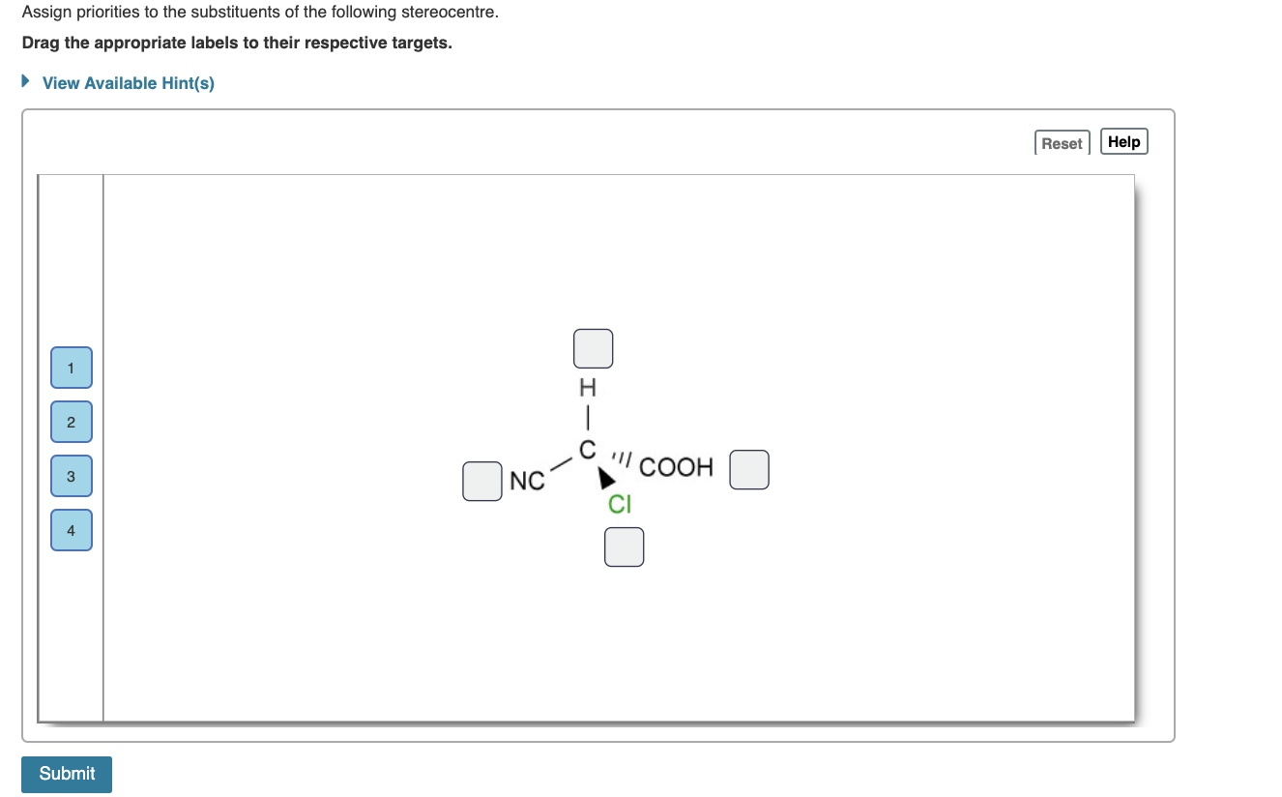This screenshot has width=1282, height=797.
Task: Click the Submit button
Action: point(67,774)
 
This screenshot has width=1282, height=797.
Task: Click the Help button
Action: point(1123,142)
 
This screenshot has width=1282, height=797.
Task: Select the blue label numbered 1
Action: point(72,368)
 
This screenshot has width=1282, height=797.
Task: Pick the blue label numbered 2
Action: point(72,422)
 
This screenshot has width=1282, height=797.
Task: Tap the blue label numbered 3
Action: point(72,476)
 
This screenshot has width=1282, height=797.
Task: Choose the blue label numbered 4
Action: point(72,530)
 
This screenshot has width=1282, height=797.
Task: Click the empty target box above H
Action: point(593,348)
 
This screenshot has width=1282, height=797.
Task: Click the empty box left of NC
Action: point(481,482)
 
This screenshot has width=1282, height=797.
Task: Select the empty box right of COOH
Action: point(749,469)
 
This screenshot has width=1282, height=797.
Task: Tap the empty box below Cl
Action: point(624,546)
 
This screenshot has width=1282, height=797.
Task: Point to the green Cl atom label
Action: point(620,504)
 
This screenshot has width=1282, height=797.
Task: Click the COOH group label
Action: point(676,468)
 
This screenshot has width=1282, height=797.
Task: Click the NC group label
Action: point(527,481)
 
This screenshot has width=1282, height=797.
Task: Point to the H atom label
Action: point(587,389)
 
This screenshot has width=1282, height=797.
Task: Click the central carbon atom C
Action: point(587,450)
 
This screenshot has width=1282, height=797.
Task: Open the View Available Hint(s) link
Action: point(129,83)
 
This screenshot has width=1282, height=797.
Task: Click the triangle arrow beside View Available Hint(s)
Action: point(26,82)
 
